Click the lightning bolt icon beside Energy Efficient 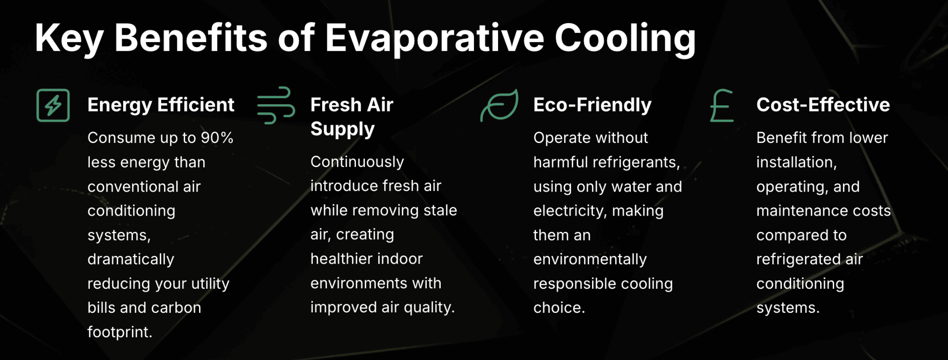(53, 106)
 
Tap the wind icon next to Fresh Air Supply (276, 106)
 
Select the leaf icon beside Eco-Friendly (499, 106)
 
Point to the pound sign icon (722, 106)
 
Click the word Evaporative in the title (435, 38)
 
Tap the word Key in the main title (69, 38)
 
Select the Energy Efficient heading (161, 105)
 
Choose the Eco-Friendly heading (592, 105)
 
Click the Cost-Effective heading (823, 105)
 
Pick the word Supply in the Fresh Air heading (342, 129)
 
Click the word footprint (119, 332)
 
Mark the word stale (440, 211)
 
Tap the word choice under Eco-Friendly (559, 308)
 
